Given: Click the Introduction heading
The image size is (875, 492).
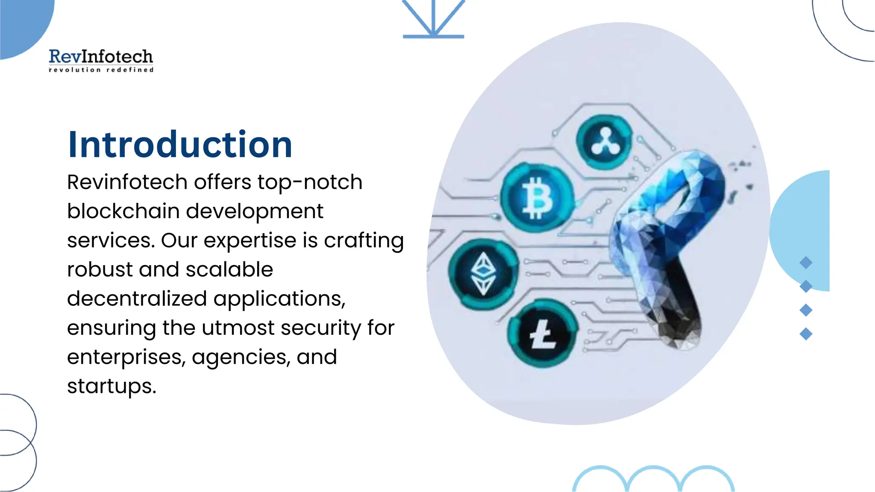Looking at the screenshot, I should [180, 144].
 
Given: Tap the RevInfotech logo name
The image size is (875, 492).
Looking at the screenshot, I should [101, 56].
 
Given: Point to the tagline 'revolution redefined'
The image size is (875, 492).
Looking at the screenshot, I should [101, 70].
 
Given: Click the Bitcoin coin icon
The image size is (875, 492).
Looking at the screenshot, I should [537, 198].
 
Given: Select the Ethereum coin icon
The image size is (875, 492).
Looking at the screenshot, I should [483, 274].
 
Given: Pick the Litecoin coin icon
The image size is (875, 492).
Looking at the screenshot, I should [543, 334].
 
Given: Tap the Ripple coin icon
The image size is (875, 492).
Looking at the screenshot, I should [604, 142].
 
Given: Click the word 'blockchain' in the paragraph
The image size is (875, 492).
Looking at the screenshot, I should [123, 211].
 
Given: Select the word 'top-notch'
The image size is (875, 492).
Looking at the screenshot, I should [310, 182].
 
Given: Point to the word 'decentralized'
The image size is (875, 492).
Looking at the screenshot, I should [137, 299].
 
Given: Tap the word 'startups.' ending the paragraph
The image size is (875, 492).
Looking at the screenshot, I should [112, 387].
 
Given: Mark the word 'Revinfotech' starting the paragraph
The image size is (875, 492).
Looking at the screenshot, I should [127, 182].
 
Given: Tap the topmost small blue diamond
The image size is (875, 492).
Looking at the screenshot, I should [806, 263].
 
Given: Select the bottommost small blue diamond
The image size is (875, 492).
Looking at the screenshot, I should [806, 334].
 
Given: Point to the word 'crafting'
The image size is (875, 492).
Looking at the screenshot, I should [364, 240].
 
